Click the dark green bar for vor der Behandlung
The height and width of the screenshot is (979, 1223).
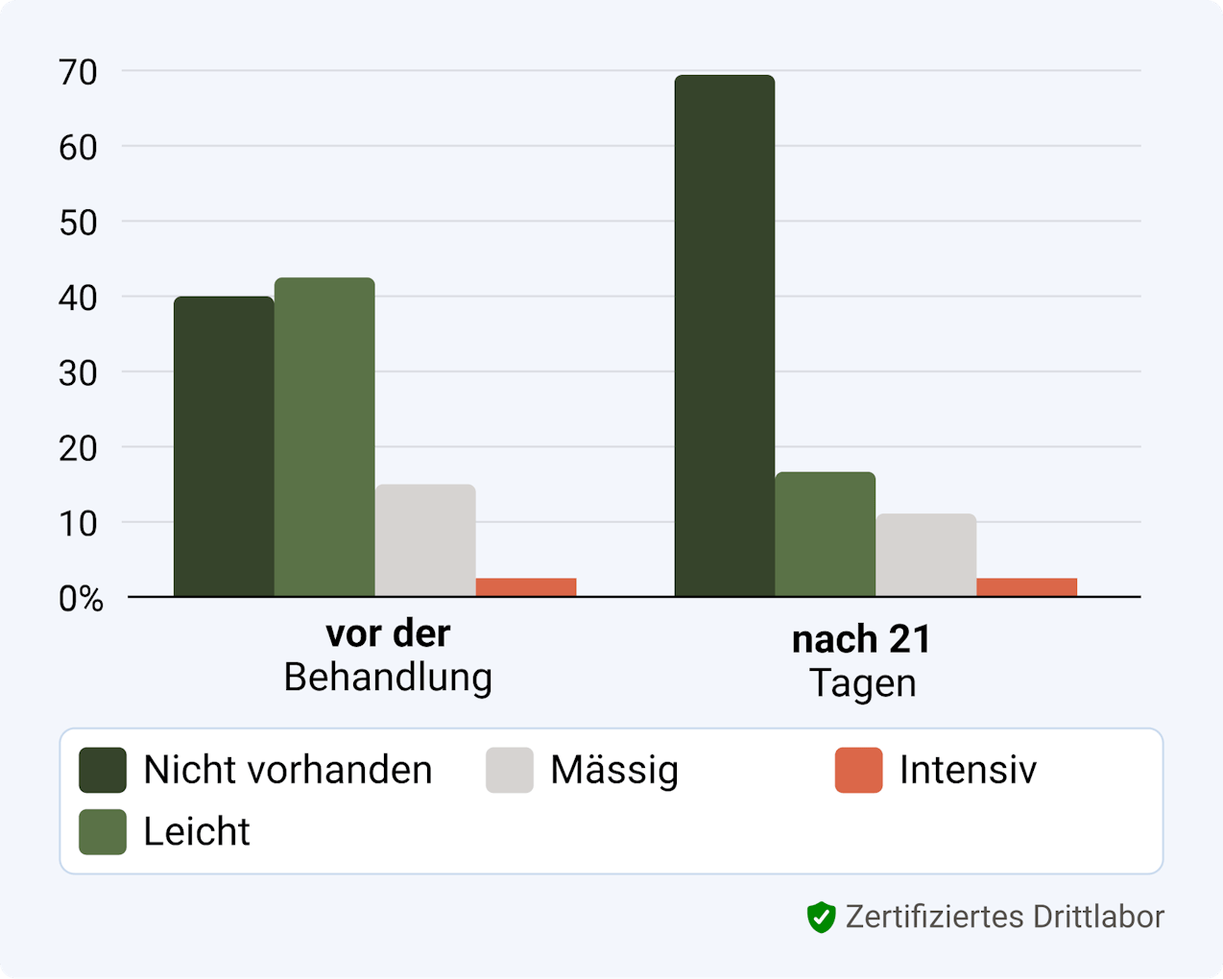224,446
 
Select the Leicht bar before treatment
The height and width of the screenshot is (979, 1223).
324,438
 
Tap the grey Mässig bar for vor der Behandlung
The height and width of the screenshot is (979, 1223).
425,540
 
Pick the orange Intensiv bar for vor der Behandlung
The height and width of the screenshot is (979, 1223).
526,586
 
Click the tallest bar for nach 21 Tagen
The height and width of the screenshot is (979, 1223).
725,336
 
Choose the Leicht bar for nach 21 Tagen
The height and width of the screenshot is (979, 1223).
826,535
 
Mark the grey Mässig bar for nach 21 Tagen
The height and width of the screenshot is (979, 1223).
926,555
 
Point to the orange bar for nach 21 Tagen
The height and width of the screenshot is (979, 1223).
1027,586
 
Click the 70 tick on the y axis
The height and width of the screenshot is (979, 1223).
78,72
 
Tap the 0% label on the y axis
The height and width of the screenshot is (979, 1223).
81,599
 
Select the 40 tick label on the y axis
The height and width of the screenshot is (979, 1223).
78,298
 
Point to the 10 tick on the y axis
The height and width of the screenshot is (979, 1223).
78,524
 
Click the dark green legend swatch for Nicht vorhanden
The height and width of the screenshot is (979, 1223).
103,771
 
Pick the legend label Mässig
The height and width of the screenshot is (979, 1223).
614,771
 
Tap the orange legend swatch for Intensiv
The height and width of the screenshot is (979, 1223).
858,771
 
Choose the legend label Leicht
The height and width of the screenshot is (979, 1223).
197,832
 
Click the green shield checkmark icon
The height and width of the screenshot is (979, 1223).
821,918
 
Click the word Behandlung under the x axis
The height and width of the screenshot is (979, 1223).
388,678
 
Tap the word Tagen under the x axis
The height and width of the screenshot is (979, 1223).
862,683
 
